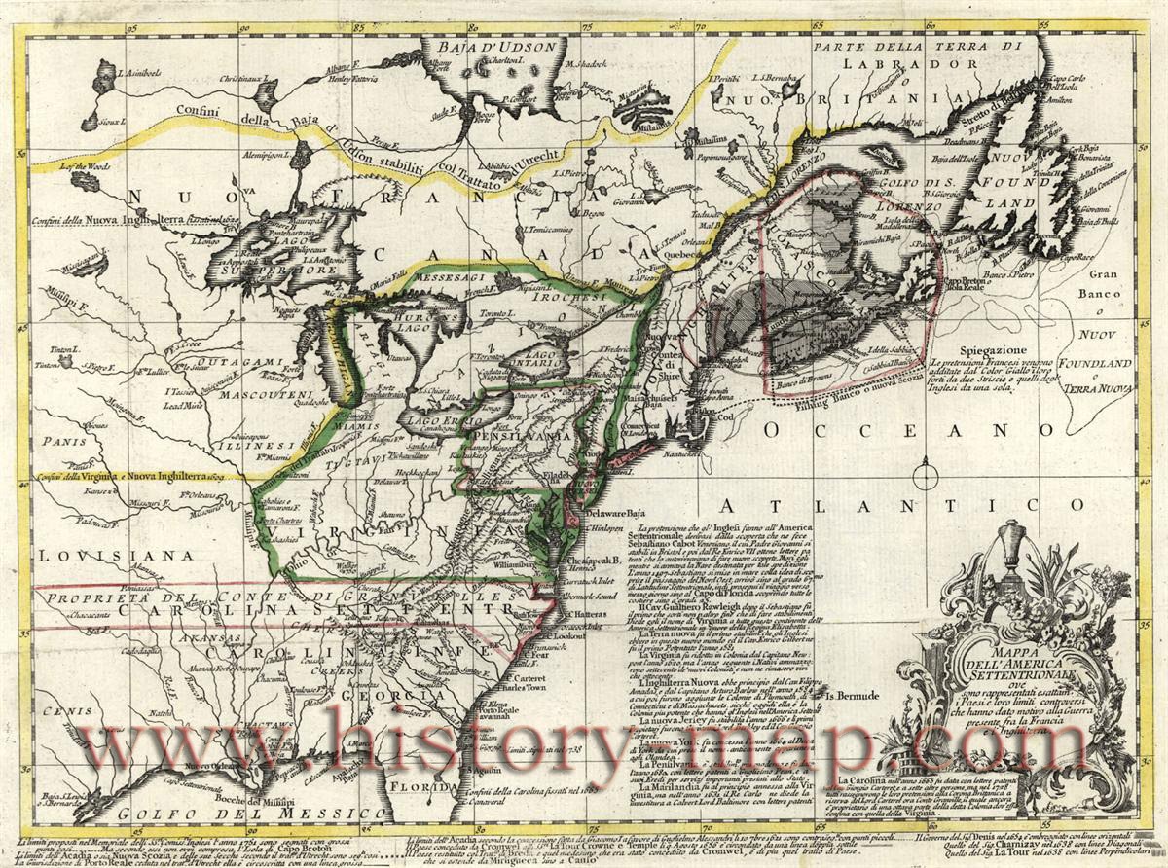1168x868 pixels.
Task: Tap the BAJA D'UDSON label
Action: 483,46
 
